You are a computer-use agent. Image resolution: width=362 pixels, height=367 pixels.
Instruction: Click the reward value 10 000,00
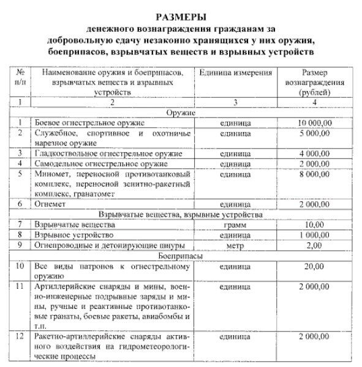tap(314, 123)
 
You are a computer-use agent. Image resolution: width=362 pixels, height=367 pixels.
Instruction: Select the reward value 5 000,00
tap(314, 133)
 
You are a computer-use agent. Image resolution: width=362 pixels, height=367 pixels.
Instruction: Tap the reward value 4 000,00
tap(314, 153)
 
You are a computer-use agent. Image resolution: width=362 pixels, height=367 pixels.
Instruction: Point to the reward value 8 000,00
tap(314, 174)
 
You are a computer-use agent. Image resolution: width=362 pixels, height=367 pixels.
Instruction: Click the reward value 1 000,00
tap(314, 235)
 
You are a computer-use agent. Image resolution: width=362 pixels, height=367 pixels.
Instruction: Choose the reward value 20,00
tap(314, 266)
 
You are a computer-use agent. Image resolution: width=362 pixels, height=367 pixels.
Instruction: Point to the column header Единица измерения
tap(235, 73)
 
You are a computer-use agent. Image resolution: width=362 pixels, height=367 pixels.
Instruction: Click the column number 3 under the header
tap(235, 103)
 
